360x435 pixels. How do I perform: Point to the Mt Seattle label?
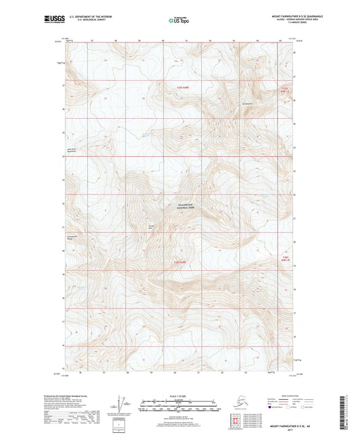tap(248, 103)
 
